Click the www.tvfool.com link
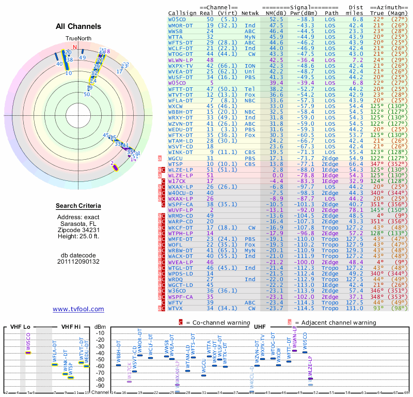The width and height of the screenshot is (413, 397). point(78,309)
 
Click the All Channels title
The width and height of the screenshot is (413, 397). point(78,26)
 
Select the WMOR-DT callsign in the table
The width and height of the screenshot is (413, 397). point(181,25)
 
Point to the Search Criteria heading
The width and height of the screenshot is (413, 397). point(78,206)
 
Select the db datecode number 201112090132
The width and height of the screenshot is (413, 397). point(78,261)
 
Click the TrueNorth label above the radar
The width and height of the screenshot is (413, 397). point(78,39)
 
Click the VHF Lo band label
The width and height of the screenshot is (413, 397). point(20,327)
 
